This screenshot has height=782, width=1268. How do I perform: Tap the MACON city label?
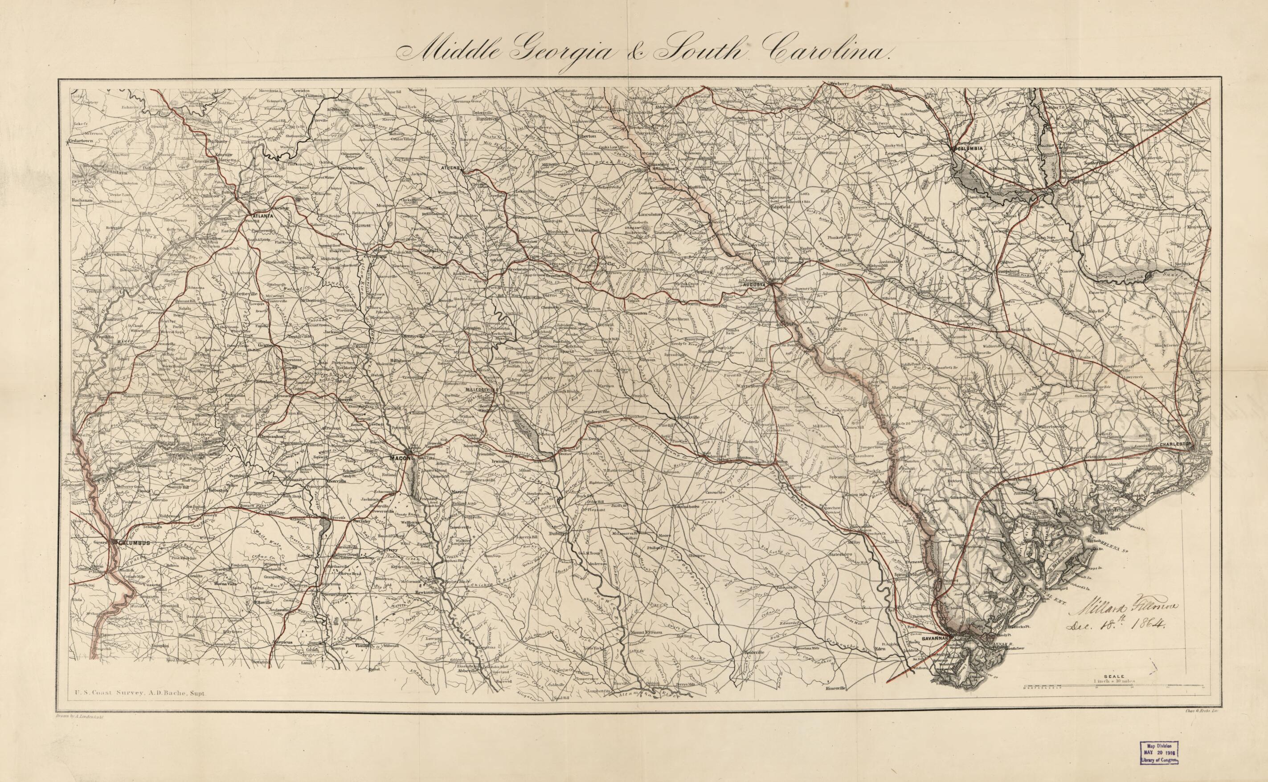[400, 458]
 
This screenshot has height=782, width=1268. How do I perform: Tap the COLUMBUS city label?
[134, 542]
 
